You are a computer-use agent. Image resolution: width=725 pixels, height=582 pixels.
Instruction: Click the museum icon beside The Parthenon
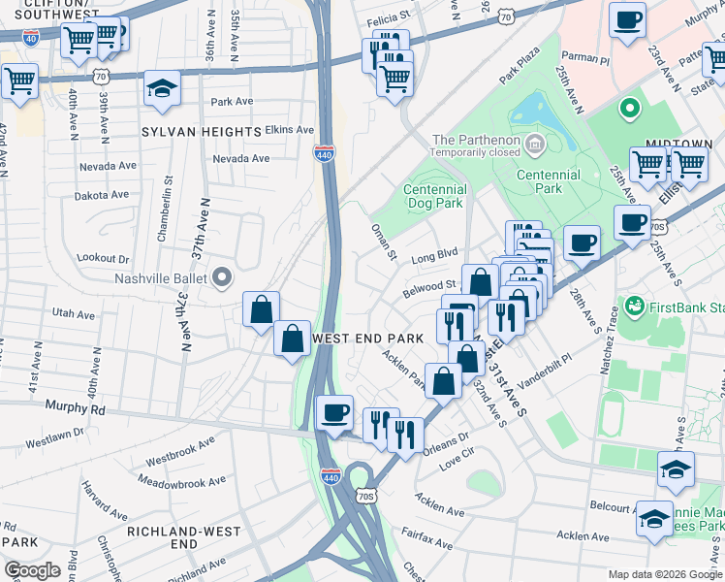point(533,146)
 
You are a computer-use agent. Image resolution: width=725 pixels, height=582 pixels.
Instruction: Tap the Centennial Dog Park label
point(432,197)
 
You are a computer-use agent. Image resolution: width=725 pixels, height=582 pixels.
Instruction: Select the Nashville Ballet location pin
point(222,278)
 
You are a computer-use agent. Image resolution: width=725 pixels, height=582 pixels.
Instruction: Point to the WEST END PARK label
point(368,339)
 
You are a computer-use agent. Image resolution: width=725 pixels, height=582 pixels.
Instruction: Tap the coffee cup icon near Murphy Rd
point(335,414)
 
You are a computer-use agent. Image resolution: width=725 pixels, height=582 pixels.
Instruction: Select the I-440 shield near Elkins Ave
point(324,153)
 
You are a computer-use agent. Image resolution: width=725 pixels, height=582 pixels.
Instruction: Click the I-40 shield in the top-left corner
point(31,38)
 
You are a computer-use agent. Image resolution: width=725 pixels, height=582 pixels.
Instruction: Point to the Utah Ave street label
point(74,314)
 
